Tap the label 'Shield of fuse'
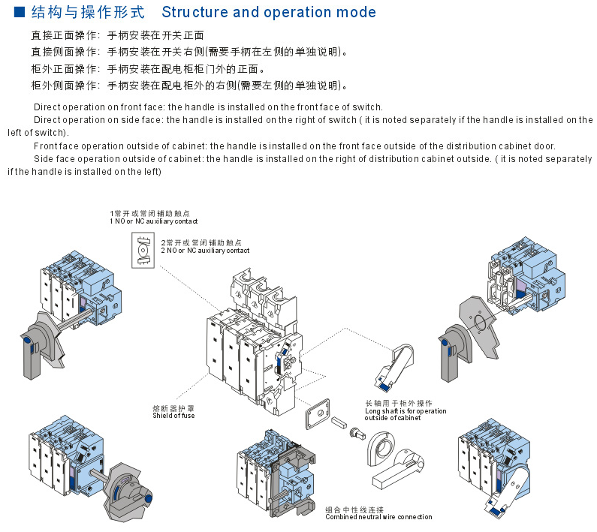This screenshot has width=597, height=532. click(x=173, y=415)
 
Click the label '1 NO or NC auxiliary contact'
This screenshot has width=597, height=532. click(x=154, y=221)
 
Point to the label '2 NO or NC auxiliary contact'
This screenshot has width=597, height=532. click(x=205, y=250)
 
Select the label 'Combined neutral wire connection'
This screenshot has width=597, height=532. click(x=378, y=516)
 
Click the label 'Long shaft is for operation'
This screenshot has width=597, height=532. click(x=406, y=410)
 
